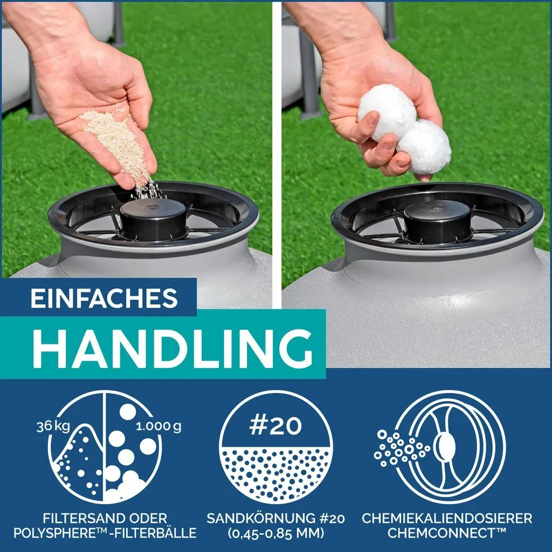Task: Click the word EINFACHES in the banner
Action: click(x=104, y=298)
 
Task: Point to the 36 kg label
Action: click(x=53, y=426)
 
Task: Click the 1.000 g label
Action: click(x=158, y=426)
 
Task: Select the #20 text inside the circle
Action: click(x=275, y=426)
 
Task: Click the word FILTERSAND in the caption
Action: click(x=83, y=518)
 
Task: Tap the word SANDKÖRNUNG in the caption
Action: click(x=261, y=518)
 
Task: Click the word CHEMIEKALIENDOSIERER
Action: click(x=447, y=518)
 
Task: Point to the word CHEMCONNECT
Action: click(x=443, y=533)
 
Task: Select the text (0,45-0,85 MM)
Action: click(x=276, y=533)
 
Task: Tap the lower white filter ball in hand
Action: click(x=424, y=147)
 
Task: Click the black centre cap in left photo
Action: click(x=153, y=218)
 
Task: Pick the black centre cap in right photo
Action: click(x=437, y=220)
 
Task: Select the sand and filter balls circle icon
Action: click(x=105, y=447)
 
